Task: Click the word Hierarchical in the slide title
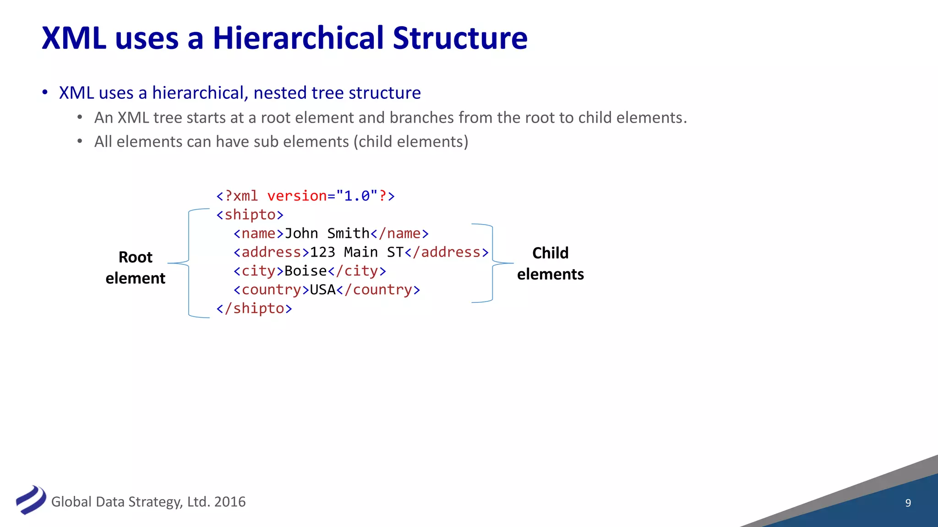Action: tap(298, 38)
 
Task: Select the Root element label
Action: tap(136, 268)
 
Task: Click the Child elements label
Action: tap(551, 263)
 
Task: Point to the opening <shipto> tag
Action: tap(250, 215)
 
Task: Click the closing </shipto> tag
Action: tap(254, 308)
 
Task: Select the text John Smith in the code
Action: tap(327, 233)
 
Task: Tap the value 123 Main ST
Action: tap(357, 252)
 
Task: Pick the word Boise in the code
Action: tap(305, 271)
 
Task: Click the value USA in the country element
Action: tap(322, 290)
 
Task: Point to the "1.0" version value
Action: tap(357, 196)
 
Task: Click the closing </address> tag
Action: tap(447, 252)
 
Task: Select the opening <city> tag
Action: tap(258, 271)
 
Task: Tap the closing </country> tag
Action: tap(378, 290)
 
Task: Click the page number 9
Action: tap(908, 503)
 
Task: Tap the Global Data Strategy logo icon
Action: tap(31, 500)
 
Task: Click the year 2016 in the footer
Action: tap(230, 502)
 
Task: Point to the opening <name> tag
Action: tap(258, 233)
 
